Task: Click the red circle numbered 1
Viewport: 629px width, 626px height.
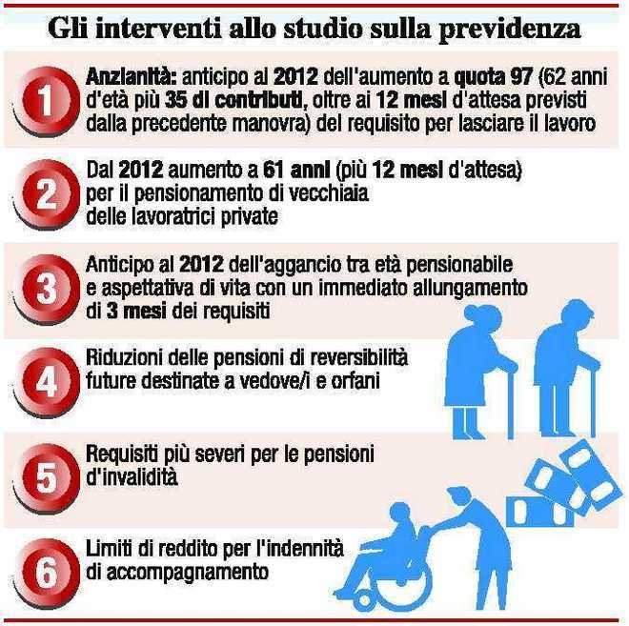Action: click(47, 100)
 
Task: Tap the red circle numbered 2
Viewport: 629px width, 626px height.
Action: click(47, 194)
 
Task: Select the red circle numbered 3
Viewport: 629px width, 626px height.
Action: click(47, 289)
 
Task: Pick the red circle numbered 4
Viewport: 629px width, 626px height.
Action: click(47, 382)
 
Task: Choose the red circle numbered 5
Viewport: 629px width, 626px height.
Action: click(47, 477)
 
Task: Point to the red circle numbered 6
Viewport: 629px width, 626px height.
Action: click(47, 572)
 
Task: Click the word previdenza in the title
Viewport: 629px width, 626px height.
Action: click(510, 30)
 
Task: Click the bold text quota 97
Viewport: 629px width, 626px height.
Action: click(495, 77)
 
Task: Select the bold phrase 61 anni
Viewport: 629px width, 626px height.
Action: click(296, 172)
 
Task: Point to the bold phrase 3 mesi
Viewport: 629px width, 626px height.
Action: click(136, 312)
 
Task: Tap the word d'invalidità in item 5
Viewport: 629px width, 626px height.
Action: click(132, 477)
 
